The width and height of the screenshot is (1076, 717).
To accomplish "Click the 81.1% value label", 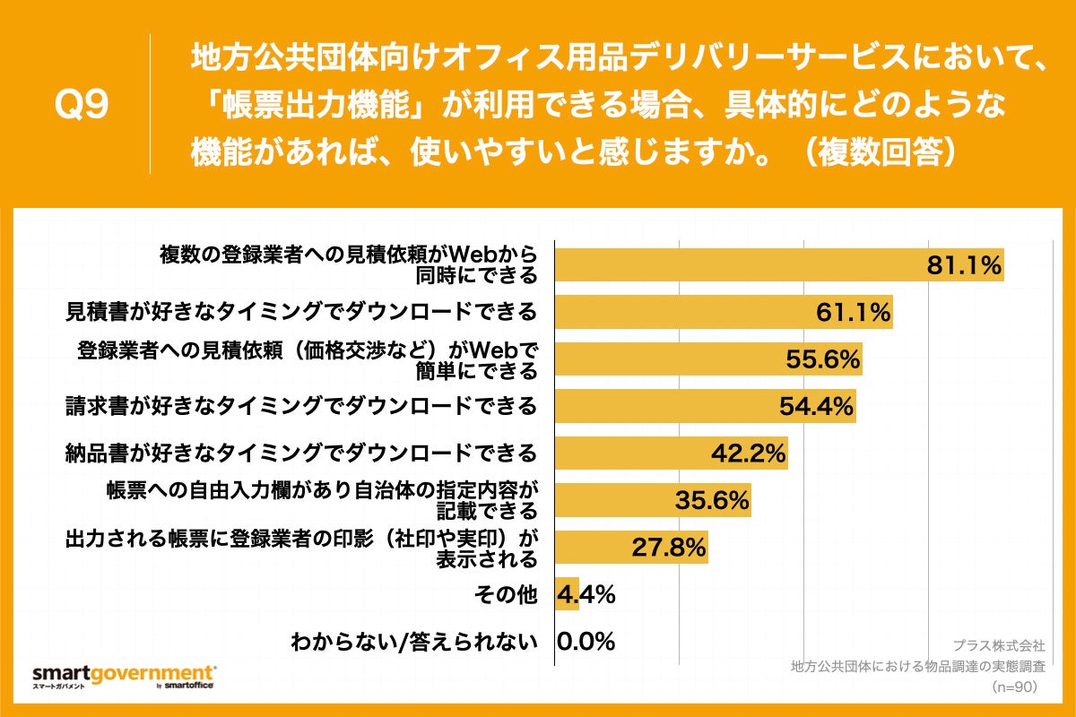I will tap(963, 265).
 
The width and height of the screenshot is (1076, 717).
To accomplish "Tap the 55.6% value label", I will tap(823, 359).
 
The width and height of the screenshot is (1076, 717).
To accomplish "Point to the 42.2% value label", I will tap(749, 453).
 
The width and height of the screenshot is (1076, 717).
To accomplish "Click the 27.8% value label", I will tap(669, 547).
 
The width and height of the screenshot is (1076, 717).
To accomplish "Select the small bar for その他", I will tap(567, 593).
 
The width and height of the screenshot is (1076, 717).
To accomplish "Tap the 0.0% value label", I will tap(586, 641).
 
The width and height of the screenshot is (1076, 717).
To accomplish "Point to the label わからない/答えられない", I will tap(414, 641).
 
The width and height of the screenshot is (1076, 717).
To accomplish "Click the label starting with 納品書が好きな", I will tap(301, 452).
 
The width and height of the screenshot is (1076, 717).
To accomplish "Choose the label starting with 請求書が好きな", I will tap(301, 405).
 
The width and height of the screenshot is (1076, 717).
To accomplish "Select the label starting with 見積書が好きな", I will tap(301, 312).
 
